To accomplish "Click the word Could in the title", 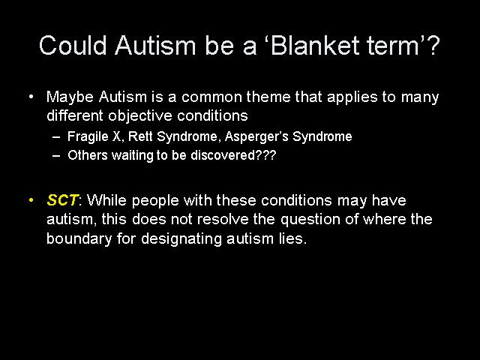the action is pyautogui.click(x=73, y=45).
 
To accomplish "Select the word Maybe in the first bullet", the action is pyautogui.click(x=70, y=97).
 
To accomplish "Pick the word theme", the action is pyautogui.click(x=268, y=97).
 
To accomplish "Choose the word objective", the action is pyautogui.click(x=140, y=115).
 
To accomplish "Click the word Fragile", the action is pyautogui.click(x=88, y=136).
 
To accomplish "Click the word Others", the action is pyautogui.click(x=88, y=155).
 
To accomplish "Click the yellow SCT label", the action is pyautogui.click(x=63, y=200).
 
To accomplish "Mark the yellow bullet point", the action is pyautogui.click(x=31, y=200).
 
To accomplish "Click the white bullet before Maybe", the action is pyautogui.click(x=31, y=97).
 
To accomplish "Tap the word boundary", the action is pyautogui.click(x=79, y=238).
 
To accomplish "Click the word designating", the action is pyautogui.click(x=181, y=239).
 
